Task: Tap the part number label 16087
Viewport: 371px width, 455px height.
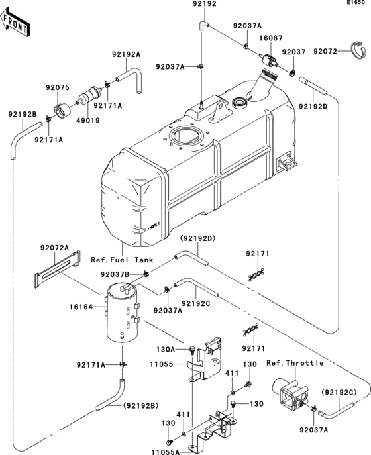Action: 270,40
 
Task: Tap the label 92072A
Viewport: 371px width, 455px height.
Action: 54,247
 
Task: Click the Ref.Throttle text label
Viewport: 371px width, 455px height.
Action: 295,362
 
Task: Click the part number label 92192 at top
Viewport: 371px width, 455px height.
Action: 204,4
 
